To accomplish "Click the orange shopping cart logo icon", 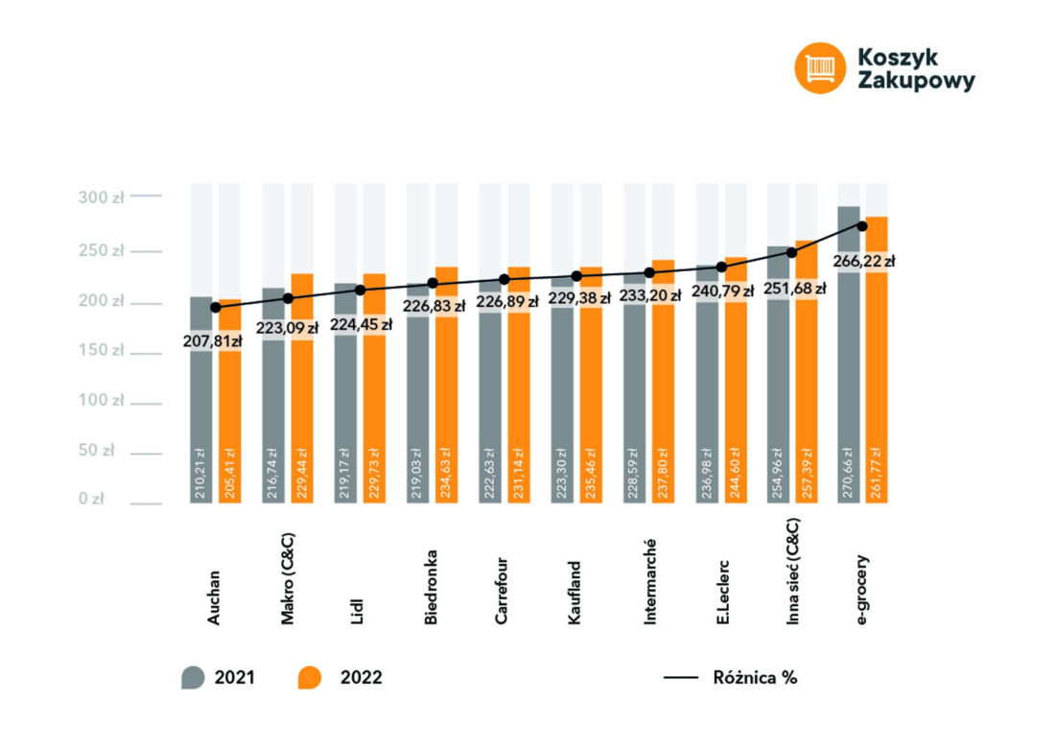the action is click(820, 68).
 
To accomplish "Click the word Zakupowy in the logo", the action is click(916, 81).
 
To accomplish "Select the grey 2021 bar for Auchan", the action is click(200, 400).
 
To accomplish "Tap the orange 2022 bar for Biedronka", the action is click(447, 386).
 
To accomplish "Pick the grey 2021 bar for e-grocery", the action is click(849, 355).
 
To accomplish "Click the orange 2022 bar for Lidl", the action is click(374, 388).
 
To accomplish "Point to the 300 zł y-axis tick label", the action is click(101, 198).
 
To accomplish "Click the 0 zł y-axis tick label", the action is click(91, 499).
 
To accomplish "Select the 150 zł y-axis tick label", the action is click(101, 350).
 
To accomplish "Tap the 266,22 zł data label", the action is click(864, 261).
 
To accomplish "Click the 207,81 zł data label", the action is click(213, 341).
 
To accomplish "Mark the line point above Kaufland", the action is click(576, 276).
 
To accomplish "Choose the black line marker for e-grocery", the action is click(862, 226).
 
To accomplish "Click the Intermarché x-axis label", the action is click(649, 582).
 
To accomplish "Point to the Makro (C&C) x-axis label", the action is click(288, 579).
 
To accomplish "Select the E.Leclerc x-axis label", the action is click(722, 593).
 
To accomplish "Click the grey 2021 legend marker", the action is click(193, 677).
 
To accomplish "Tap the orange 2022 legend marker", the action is click(309, 677).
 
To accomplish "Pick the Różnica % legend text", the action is click(755, 677).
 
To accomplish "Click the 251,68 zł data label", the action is click(795, 289).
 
